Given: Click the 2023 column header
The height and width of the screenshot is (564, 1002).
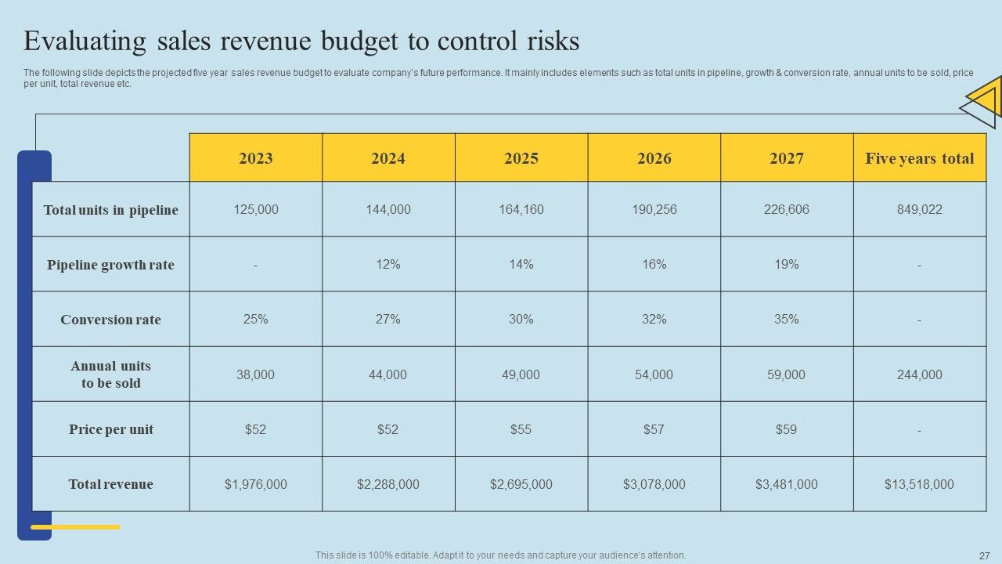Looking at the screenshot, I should click(256, 158).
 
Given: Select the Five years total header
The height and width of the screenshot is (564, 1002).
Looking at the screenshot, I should click(919, 158).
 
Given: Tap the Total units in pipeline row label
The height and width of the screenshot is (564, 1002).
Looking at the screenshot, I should click(110, 210).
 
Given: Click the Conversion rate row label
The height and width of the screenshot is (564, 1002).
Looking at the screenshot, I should click(110, 320).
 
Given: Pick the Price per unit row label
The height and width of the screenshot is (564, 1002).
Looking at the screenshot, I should click(110, 429).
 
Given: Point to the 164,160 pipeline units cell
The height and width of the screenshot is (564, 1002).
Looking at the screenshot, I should click(521, 210).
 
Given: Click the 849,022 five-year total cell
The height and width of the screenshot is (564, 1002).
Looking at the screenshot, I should click(919, 210).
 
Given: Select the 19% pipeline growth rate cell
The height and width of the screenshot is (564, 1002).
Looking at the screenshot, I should click(786, 265).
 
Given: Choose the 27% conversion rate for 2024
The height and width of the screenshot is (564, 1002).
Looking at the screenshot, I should click(387, 320).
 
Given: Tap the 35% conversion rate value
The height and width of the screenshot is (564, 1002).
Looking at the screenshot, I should click(786, 320).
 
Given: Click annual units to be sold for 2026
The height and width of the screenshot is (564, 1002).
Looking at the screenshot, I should click(654, 374).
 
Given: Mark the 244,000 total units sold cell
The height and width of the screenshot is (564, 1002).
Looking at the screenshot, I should click(919, 374).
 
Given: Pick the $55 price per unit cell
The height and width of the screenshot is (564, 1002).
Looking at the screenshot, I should click(521, 429).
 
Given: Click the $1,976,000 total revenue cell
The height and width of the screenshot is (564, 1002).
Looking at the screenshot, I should click(256, 484).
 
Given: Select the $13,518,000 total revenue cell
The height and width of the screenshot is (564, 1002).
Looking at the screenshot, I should click(919, 484).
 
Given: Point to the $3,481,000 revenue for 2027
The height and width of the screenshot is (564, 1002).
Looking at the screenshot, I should click(786, 484).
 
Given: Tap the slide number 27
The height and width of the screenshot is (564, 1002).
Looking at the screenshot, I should click(984, 555).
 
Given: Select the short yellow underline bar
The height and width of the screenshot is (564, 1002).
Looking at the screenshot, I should click(75, 527).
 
